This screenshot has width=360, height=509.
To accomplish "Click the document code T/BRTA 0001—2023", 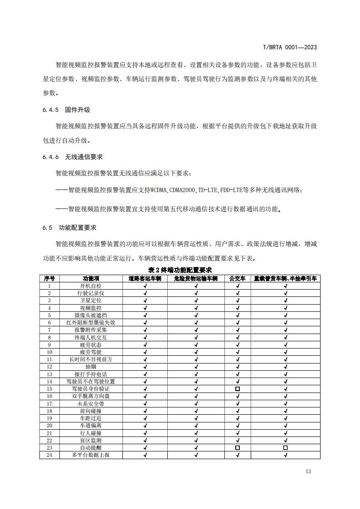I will coord(290,47).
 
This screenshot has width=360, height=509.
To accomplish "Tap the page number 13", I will coord(308,471).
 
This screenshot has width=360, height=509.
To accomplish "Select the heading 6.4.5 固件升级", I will coord(66,110).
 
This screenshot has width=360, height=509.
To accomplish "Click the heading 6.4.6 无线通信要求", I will coord(73,157).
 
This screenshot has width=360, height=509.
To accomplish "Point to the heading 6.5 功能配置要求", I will coord(69,228).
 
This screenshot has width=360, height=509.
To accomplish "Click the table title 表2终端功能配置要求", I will coord(180,271).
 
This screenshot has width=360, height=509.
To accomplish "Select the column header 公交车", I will coord(238,279).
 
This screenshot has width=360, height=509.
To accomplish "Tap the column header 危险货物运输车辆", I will coord(196,279).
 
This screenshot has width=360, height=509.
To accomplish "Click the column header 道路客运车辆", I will coord(145,279).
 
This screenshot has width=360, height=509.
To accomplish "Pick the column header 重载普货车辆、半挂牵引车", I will coord(285,279).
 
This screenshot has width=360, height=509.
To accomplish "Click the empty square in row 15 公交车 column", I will coord(238,389).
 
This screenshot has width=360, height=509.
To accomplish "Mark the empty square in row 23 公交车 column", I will coord(238,447).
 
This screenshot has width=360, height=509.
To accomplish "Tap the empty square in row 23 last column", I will coord(285,447).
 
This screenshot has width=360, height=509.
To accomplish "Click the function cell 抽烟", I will coord(91,367).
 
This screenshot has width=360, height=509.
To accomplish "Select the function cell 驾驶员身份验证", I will coord(91,389).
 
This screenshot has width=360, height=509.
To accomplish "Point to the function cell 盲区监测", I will coord(91,440).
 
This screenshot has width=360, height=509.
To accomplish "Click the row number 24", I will coord(49,455).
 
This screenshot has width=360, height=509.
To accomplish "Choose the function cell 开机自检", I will coord(91,286).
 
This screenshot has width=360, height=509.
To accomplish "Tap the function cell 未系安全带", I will coord(91,403).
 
